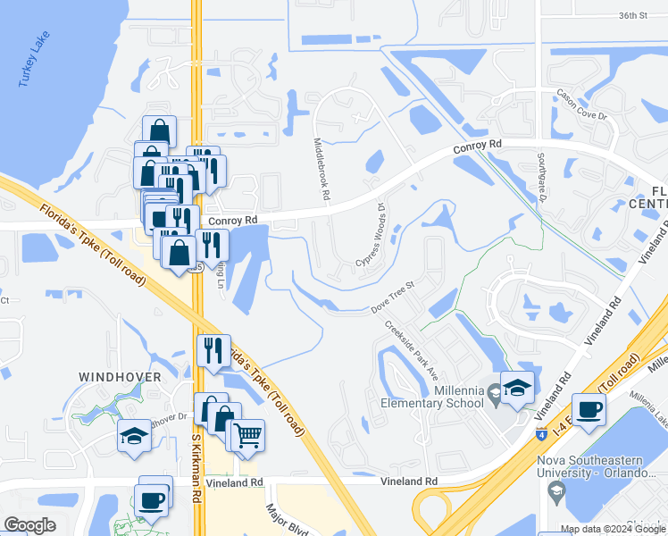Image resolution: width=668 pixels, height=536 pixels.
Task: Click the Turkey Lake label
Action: (35, 59)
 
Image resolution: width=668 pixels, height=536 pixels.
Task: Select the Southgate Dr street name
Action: (540, 177)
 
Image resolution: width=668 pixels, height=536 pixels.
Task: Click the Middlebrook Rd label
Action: (321, 168)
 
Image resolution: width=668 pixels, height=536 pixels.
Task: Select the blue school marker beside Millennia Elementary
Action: (517, 388)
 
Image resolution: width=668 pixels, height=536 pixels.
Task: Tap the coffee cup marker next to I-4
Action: (589, 410)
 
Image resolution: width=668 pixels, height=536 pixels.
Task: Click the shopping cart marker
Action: (247, 436)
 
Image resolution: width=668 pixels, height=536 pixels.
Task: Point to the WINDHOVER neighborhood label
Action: (120, 377)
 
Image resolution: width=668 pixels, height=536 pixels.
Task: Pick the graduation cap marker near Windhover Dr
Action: (134, 436)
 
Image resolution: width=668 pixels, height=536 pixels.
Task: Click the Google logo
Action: (30, 525)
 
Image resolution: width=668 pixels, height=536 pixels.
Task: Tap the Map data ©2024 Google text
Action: (612, 529)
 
